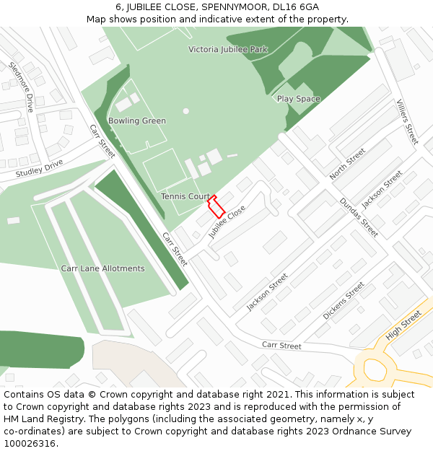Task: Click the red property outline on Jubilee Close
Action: tap(216, 206)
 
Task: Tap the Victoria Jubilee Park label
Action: tap(227, 50)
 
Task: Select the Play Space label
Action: tap(299, 99)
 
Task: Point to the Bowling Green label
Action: tap(137, 121)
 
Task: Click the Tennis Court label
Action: tap(185, 196)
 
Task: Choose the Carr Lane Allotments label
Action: tap(102, 268)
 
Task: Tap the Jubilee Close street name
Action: tap(227, 222)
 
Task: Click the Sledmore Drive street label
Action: tap(22, 87)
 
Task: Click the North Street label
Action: tap(348, 165)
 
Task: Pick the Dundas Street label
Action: tap(359, 217)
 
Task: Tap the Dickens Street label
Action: tap(344, 301)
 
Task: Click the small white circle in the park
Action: tap(185, 111)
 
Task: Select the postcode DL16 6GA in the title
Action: tap(296, 7)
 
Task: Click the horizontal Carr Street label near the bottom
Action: tap(281, 346)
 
